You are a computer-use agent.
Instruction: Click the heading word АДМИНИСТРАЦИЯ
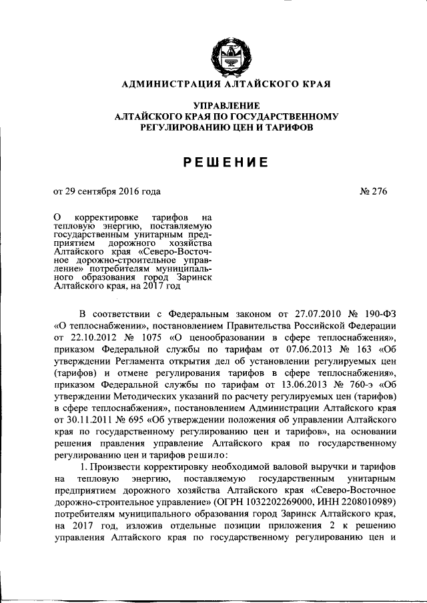click(x=167, y=85)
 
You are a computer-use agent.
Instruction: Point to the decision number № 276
click(x=373, y=191)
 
